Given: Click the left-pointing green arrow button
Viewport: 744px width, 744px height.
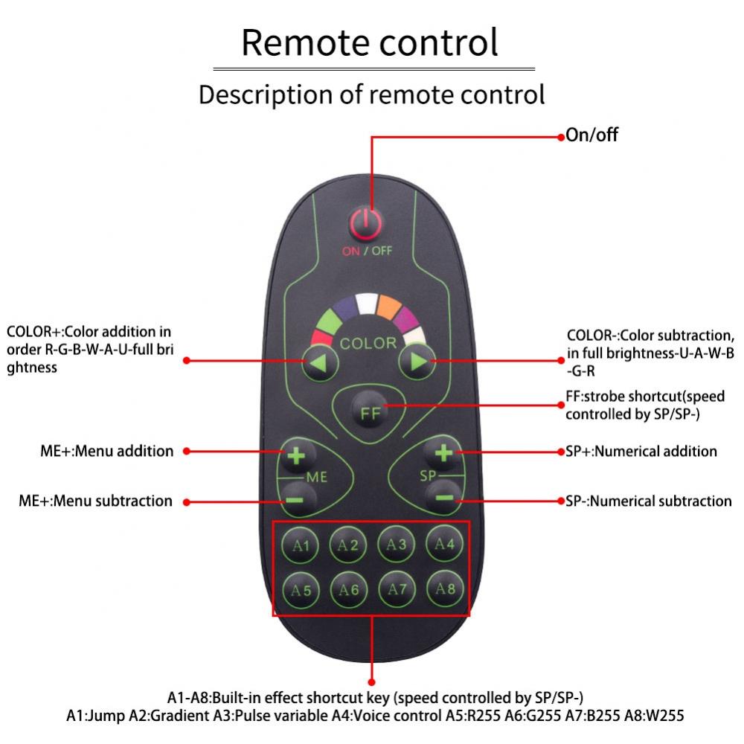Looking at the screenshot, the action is [320, 363].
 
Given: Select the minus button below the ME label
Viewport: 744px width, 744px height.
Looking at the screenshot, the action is [296, 500].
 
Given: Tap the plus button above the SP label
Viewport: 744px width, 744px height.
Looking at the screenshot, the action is [443, 452].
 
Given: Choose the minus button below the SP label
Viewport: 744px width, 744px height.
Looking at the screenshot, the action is [444, 497].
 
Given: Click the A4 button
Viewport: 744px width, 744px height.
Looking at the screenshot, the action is [445, 544].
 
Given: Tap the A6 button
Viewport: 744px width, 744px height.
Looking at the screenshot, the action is [349, 590].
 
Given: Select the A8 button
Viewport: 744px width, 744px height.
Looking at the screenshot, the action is [445, 589].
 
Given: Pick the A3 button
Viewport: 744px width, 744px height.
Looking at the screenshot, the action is [397, 545].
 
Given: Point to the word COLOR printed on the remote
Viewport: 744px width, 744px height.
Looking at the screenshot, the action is [368, 343].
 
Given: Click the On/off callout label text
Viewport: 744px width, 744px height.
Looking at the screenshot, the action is [591, 135].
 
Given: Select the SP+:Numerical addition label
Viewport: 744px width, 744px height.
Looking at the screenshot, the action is [641, 452].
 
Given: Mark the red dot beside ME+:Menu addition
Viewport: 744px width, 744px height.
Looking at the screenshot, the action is [187, 452].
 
